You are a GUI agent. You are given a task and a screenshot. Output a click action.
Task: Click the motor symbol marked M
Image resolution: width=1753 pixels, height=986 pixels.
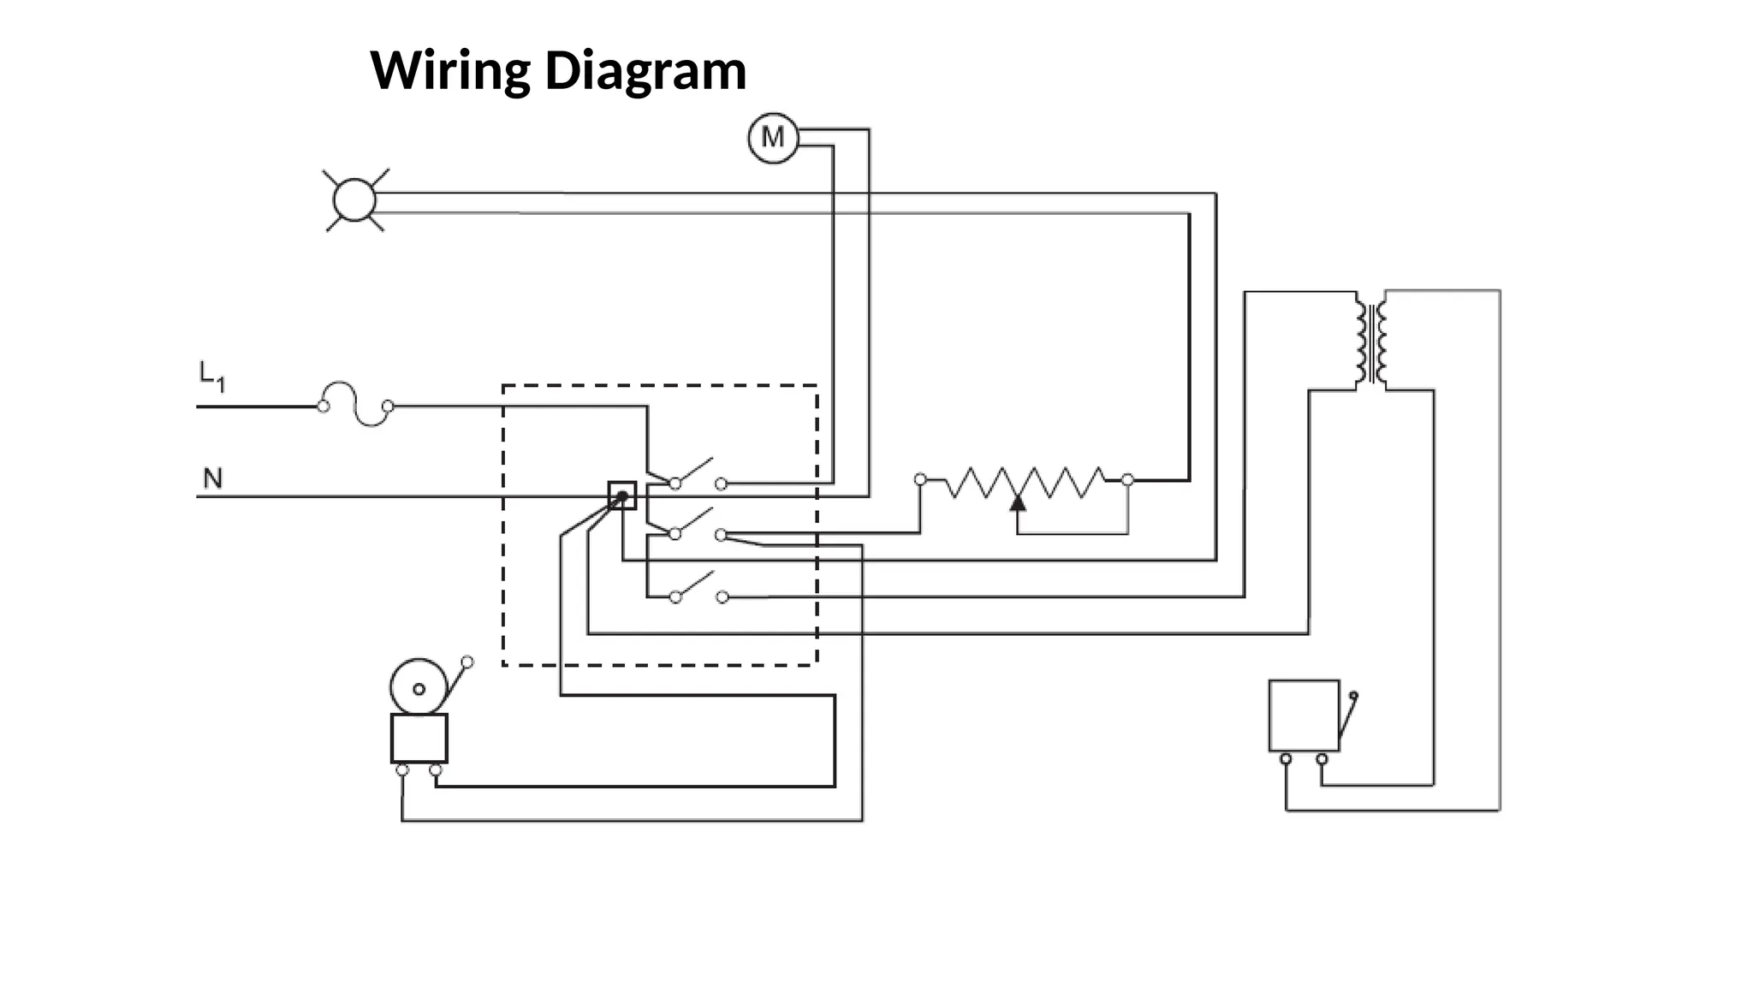(773, 138)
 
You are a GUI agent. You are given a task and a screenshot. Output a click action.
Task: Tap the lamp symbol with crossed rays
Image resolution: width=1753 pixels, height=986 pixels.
(354, 201)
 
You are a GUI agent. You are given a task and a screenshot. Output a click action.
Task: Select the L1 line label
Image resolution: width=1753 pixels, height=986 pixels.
(211, 376)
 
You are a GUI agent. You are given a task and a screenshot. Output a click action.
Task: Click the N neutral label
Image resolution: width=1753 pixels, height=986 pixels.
(212, 478)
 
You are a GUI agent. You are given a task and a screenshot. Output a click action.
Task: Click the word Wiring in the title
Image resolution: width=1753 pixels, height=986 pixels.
(449, 70)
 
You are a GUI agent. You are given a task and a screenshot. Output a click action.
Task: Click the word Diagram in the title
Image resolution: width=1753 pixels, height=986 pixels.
(645, 70)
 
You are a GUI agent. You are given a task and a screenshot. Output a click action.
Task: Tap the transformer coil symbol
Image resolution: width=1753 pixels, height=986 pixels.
(1371, 342)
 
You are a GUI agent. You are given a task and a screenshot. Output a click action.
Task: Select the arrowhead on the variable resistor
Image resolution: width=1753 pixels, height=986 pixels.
(1017, 503)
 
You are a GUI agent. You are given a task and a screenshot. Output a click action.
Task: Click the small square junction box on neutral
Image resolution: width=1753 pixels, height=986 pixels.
(622, 496)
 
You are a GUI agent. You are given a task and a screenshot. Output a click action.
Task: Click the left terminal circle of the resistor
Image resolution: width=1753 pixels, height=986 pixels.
(920, 479)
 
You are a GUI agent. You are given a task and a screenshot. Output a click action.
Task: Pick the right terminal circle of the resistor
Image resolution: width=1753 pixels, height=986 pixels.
(1127, 480)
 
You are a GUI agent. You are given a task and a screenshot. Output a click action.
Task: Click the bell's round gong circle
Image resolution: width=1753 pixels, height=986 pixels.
(419, 687)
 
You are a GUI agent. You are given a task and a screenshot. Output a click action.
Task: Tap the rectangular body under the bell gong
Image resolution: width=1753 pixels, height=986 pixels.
(419, 738)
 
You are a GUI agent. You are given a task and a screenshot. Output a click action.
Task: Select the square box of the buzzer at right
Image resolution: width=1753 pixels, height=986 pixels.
(1304, 716)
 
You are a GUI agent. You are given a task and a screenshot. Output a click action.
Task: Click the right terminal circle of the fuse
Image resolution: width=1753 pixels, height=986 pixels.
(388, 406)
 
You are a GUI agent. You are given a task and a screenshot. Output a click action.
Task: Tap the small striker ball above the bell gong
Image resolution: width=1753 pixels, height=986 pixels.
(467, 662)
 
